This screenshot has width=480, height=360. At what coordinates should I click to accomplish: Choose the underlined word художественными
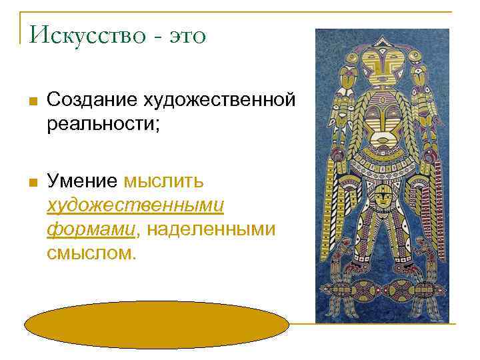[135, 205]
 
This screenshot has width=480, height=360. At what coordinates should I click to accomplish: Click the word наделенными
[211, 230]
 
